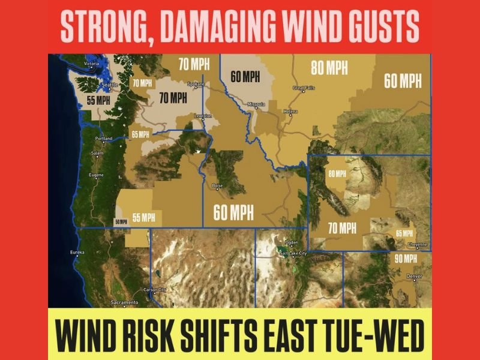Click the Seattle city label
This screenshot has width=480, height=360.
coord(111,86)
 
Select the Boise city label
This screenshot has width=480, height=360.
coord(218,186)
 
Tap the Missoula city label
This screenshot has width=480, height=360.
coord(256,104)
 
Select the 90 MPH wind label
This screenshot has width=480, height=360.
coord(406,259)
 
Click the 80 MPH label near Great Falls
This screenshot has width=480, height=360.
coord(329,68)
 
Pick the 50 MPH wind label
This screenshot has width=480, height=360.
coord(121,221)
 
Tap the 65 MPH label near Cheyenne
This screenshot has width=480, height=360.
coord(404,233)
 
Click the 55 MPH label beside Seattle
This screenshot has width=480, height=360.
coord(98,100)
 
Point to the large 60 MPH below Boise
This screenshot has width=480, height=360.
coord(233,212)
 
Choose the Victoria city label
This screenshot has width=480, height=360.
coord(91,64)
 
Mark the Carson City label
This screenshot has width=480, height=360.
coord(154,290)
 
